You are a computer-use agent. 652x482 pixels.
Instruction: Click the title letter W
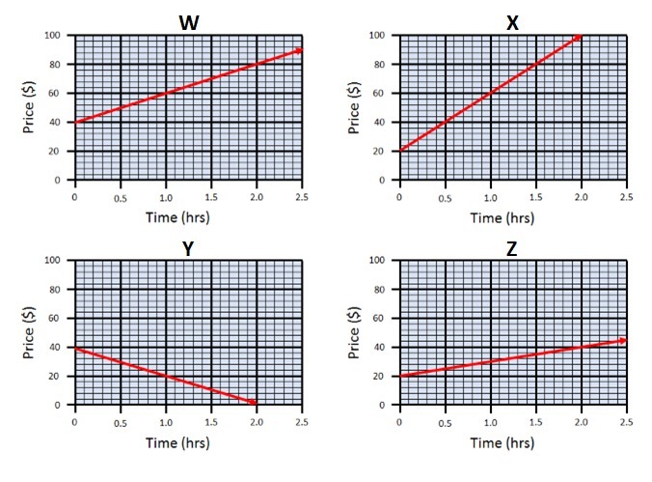tap(188, 21)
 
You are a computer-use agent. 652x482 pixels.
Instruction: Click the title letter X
tap(512, 21)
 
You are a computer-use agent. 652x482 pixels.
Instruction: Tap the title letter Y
tap(188, 247)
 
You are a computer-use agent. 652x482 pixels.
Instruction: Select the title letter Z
tap(512, 247)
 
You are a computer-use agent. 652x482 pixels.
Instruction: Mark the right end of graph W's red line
tap(300, 50)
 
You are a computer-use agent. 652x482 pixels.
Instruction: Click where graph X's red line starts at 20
tap(399, 151)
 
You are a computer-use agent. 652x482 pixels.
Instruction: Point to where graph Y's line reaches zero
tap(255, 403)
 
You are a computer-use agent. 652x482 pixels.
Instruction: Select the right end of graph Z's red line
tap(623, 340)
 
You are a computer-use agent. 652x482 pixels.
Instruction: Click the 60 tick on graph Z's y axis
tap(381, 319)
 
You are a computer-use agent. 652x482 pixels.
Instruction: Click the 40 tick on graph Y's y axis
tap(56, 348)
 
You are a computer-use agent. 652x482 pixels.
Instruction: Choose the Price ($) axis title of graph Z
tap(356, 332)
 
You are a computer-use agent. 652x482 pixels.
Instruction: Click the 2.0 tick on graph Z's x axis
tap(580, 422)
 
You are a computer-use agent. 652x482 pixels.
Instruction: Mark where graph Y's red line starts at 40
tap(75, 348)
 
